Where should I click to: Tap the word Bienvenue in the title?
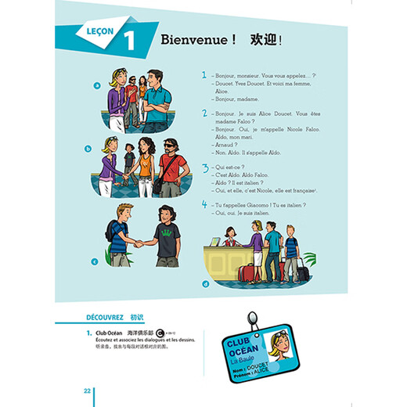pos(193,40)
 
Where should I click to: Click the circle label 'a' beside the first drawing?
pos(97,86)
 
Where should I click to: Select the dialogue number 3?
pos(203,167)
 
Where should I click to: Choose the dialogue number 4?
pos(203,205)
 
